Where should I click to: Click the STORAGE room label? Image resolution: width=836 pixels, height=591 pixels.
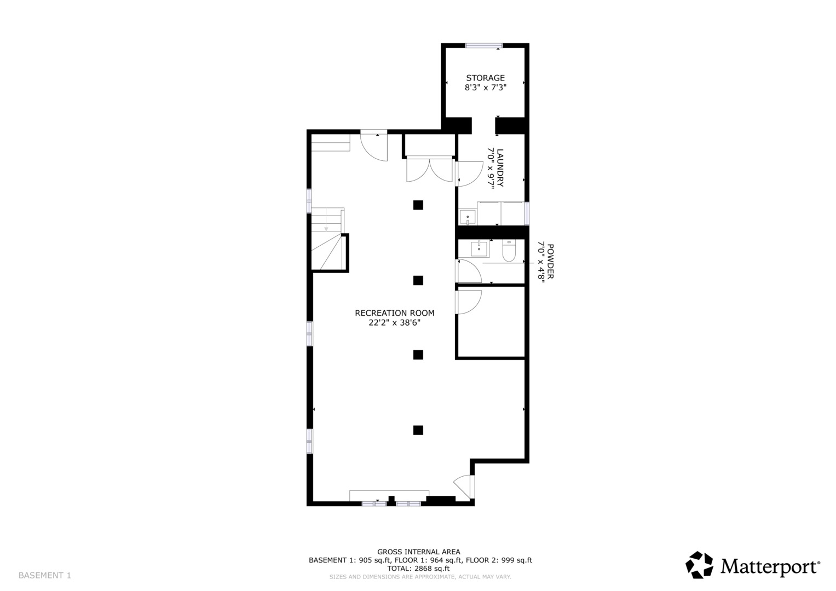coord(485,78)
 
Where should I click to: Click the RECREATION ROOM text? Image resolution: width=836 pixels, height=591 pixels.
coord(394,313)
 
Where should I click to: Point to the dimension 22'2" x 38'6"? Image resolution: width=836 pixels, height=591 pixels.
coord(394,323)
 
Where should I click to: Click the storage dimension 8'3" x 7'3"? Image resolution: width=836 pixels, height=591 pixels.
coord(485,88)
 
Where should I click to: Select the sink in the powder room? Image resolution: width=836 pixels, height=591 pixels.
coord(480,249)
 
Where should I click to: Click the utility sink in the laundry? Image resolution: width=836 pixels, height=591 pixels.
coord(468,217)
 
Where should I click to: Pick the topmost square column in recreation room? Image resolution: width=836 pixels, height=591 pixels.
coord(418,205)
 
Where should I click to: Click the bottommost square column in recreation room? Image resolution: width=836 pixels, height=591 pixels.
coord(418,430)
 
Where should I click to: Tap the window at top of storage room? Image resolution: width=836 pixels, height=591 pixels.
coord(483,46)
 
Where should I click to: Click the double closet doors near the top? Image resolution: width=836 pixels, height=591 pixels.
coord(430,169)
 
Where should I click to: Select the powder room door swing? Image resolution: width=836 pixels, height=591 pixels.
coord(469,271)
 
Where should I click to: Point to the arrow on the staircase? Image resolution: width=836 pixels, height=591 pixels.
coord(326,228)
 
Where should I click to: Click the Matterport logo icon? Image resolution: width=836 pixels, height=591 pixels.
coord(700,565)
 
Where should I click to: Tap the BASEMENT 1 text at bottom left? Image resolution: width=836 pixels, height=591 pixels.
coord(45,575)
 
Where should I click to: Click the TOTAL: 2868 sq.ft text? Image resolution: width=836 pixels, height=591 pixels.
coord(418,569)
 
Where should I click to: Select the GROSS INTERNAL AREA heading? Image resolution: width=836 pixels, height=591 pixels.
coord(418,552)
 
